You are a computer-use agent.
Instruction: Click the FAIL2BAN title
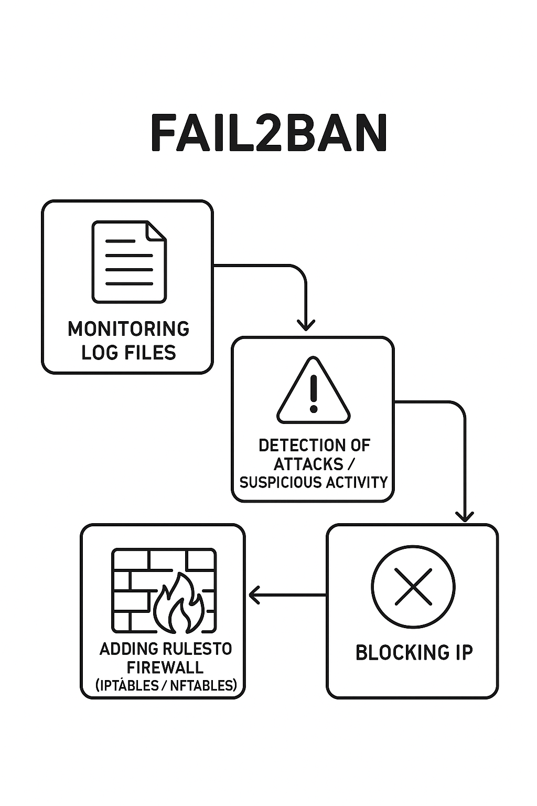point(268,133)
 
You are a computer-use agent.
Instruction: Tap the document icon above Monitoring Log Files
point(129,262)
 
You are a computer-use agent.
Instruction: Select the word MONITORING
point(128,329)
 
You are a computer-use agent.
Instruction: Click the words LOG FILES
point(128,352)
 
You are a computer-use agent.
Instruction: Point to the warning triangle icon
point(313,393)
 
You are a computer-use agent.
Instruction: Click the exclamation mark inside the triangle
point(314,394)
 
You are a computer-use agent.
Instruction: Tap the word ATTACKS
point(308,464)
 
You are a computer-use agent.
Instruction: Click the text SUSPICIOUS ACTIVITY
point(314,482)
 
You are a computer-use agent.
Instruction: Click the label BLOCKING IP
point(414,653)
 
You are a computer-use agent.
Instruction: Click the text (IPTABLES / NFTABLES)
point(166,685)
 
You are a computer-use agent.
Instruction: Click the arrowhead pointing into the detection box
point(306,325)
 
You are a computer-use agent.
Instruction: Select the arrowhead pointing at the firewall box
point(254,595)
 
